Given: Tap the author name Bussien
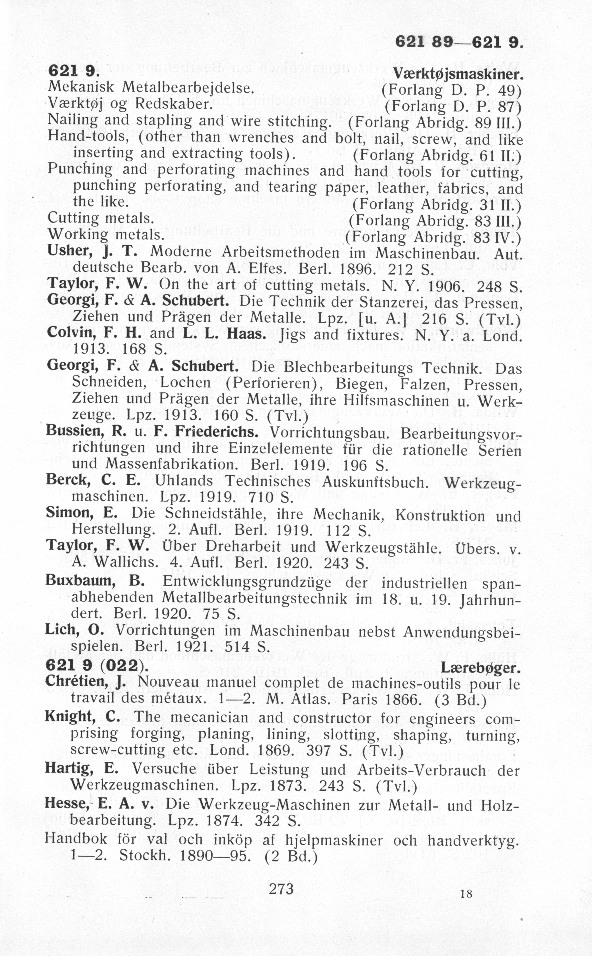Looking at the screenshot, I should [74, 431].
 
